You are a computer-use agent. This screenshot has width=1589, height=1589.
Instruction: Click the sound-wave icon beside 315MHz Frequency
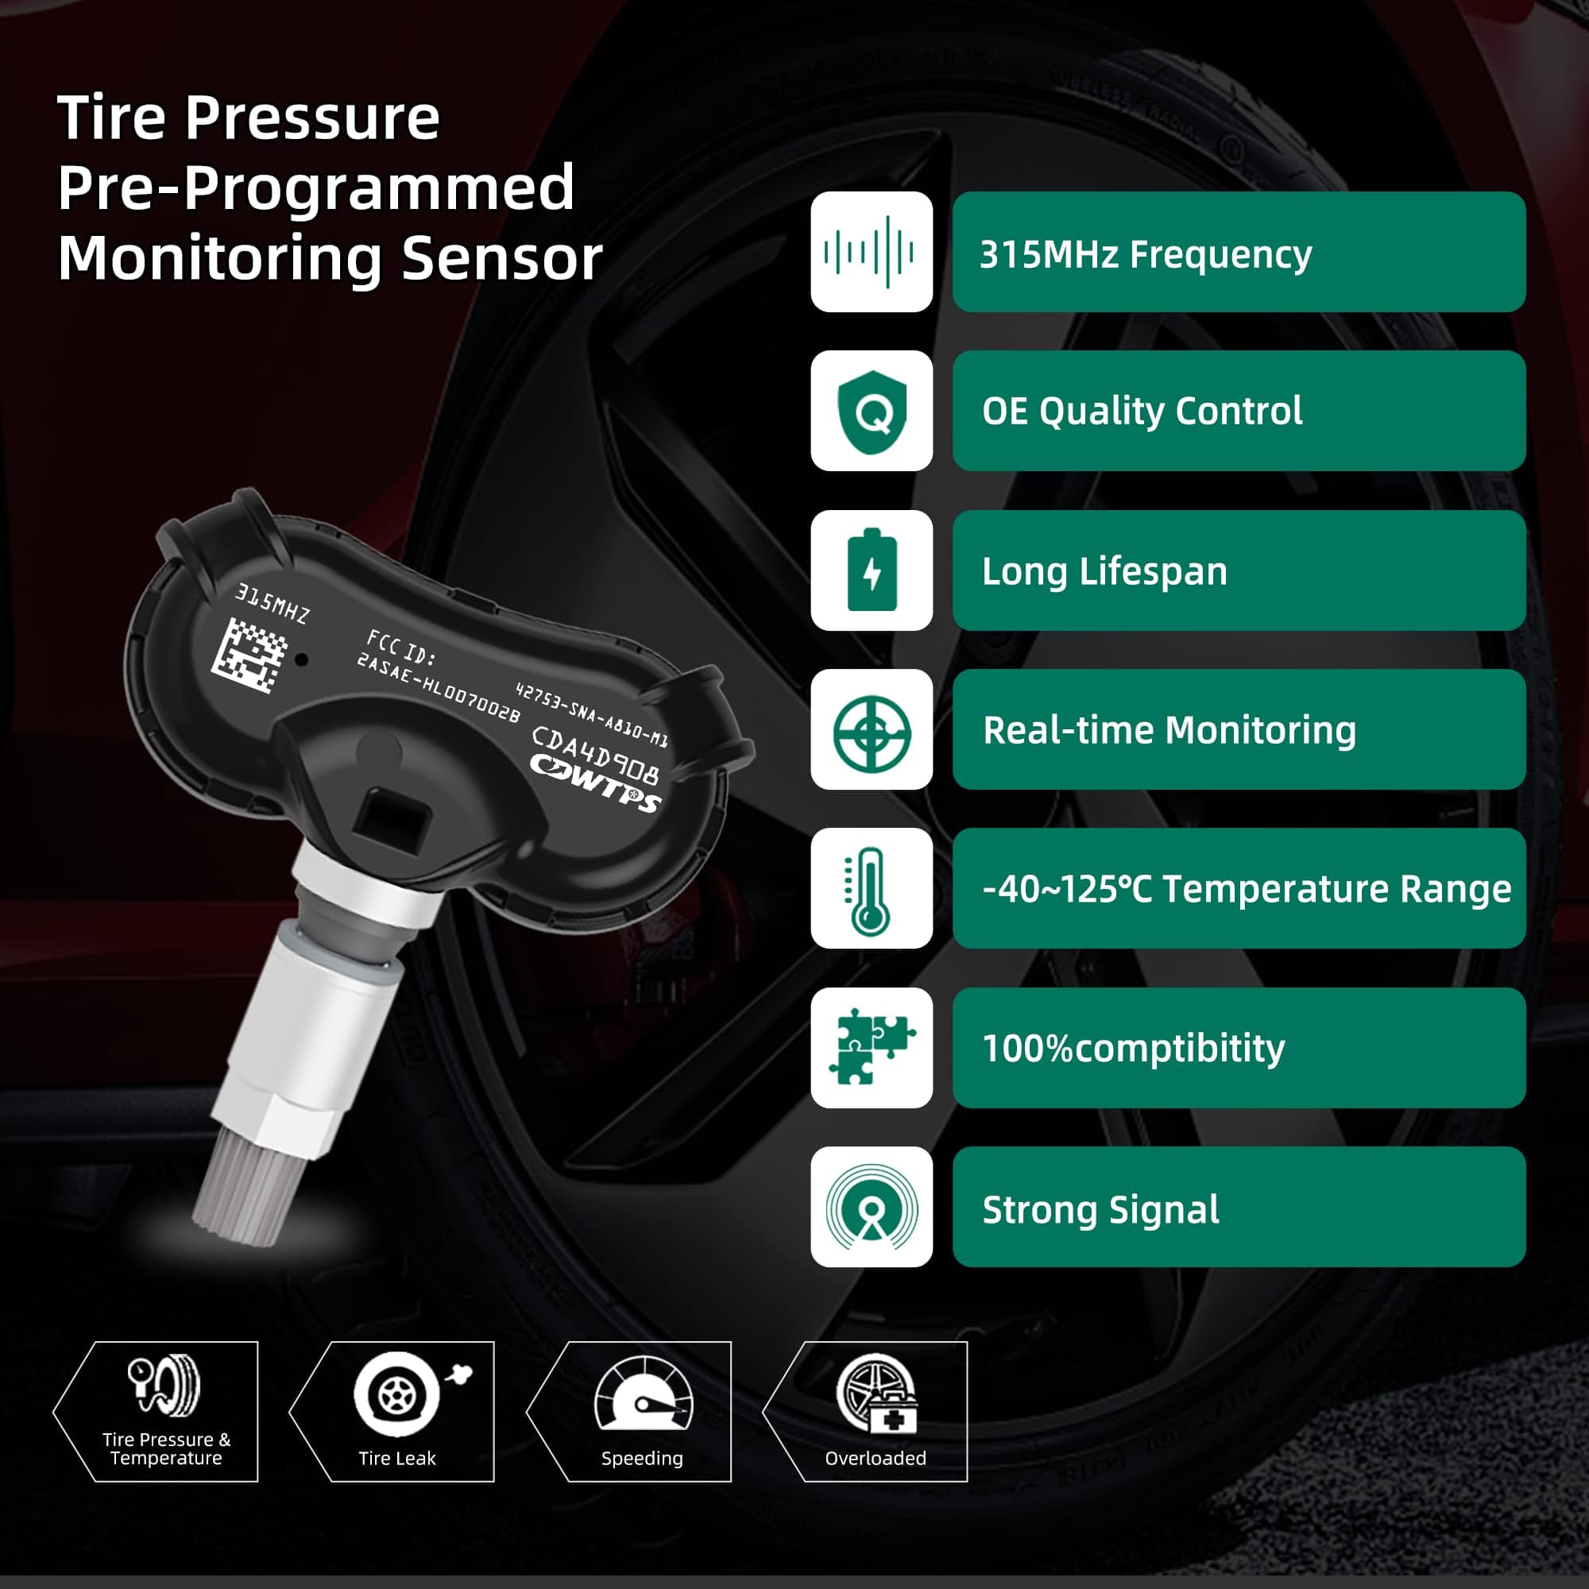pyautogui.click(x=871, y=252)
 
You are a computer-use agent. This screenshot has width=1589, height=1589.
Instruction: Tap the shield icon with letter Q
pyautogui.click(x=871, y=412)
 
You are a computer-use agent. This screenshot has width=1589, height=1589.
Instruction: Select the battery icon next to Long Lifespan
pyautogui.click(x=871, y=570)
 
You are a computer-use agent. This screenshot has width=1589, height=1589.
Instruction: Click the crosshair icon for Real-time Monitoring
pyautogui.click(x=871, y=730)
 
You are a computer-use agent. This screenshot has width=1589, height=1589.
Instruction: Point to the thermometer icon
pyautogui.click(x=868, y=889)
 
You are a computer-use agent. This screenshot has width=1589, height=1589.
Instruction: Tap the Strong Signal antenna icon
pyautogui.click(x=871, y=1208)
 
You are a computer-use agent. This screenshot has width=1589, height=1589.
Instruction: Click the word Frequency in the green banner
pyautogui.click(x=1220, y=254)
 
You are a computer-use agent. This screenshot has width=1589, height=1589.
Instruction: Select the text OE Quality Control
pyautogui.click(x=1142, y=412)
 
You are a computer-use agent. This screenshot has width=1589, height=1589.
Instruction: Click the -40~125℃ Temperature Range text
pyautogui.click(x=1246, y=889)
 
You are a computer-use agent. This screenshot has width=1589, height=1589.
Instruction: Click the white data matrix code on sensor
pyautogui.click(x=249, y=655)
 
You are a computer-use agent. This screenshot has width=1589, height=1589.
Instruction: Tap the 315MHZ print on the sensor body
pyautogui.click(x=273, y=604)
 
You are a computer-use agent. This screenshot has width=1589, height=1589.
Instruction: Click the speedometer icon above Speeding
pyautogui.click(x=644, y=1397)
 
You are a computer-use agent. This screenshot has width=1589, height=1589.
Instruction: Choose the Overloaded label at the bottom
pyautogui.click(x=875, y=1458)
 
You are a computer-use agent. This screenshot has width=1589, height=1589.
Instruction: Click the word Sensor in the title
pyautogui.click(x=501, y=258)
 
